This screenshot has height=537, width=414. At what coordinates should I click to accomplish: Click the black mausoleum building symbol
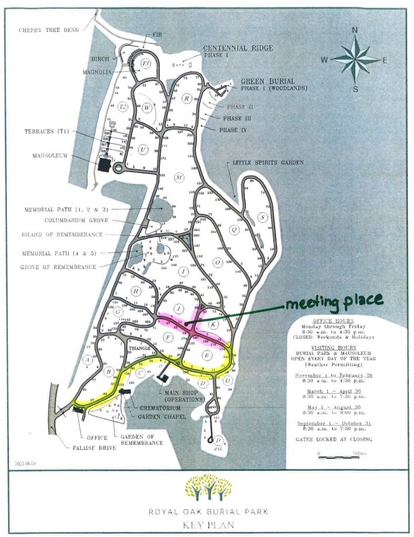pos(104,165)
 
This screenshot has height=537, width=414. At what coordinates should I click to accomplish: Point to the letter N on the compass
pos(354,30)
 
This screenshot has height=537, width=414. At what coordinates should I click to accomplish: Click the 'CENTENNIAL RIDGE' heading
pos(238,48)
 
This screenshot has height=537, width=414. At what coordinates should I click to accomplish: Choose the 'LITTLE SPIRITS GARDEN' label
pos(267,163)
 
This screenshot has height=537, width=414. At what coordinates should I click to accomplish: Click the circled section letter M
pos(179,177)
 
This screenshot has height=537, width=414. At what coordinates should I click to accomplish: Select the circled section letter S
pos(262,216)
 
